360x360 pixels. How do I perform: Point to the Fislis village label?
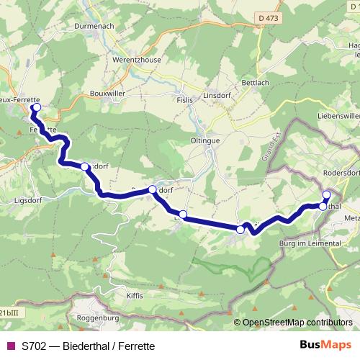coord(185,100)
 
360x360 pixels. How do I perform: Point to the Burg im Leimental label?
coord(310,244)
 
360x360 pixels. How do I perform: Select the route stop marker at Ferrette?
coord(36,109)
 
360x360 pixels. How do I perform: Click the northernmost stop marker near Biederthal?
coord(326,194)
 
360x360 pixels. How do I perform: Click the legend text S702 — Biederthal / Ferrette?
coord(88,346)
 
